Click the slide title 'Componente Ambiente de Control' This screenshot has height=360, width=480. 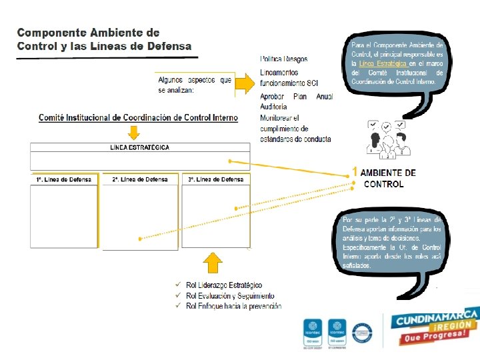click(103, 39)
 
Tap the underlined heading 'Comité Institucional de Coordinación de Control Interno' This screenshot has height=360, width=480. click(138, 118)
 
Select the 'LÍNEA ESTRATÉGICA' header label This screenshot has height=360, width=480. click(139, 147)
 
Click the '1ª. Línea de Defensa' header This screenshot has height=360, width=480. click(64, 179)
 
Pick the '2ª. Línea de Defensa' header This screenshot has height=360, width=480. click(140, 179)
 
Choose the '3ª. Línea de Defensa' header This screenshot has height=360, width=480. click(215, 179)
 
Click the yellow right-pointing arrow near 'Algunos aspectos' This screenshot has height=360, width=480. click(245, 83)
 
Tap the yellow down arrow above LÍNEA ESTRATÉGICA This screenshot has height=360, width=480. click(139, 131)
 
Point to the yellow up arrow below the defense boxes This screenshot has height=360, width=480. click(213, 263)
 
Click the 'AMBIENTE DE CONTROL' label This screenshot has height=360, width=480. click(387, 178)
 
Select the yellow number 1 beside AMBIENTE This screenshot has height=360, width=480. click(355, 173)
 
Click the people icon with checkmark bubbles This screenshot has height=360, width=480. click(386, 140)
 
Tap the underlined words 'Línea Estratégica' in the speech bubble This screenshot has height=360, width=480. click(382, 63)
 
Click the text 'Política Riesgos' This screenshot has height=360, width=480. click(283, 59)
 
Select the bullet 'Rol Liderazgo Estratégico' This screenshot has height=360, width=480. click(224, 285)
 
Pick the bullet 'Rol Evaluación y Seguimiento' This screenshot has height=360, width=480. click(230, 295)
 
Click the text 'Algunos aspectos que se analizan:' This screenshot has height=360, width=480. click(195, 85)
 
